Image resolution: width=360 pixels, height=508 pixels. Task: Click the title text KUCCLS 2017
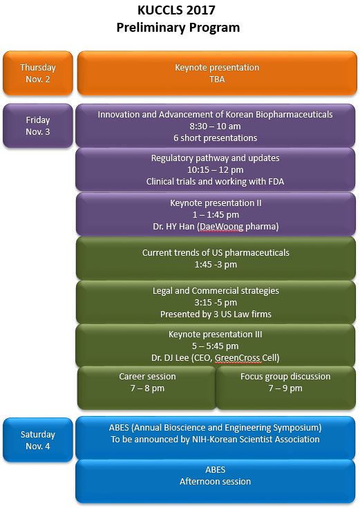point(176,10)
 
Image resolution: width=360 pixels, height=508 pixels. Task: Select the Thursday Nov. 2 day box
point(38,73)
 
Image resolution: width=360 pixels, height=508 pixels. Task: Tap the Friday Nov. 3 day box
point(38,126)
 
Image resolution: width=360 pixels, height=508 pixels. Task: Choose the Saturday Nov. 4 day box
point(38,440)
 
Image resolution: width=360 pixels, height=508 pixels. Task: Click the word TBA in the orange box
point(217,79)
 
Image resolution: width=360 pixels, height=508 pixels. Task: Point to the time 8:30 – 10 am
point(215,126)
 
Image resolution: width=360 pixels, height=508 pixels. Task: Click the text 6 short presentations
point(215,138)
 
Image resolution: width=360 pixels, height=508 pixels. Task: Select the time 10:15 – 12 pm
point(215,170)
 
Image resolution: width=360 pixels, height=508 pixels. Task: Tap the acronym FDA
point(276,181)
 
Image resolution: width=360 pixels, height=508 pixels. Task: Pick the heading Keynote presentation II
point(216,203)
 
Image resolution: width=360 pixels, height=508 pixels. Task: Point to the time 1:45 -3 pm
point(216,265)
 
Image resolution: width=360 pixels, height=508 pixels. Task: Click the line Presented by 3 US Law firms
point(216,314)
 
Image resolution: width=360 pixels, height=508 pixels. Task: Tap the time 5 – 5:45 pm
point(215,346)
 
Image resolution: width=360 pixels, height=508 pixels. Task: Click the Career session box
point(146,388)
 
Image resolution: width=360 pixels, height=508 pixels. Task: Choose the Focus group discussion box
point(285,388)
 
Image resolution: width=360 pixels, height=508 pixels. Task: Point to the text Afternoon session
point(215,482)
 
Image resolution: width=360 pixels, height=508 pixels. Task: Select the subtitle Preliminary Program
point(178,28)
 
